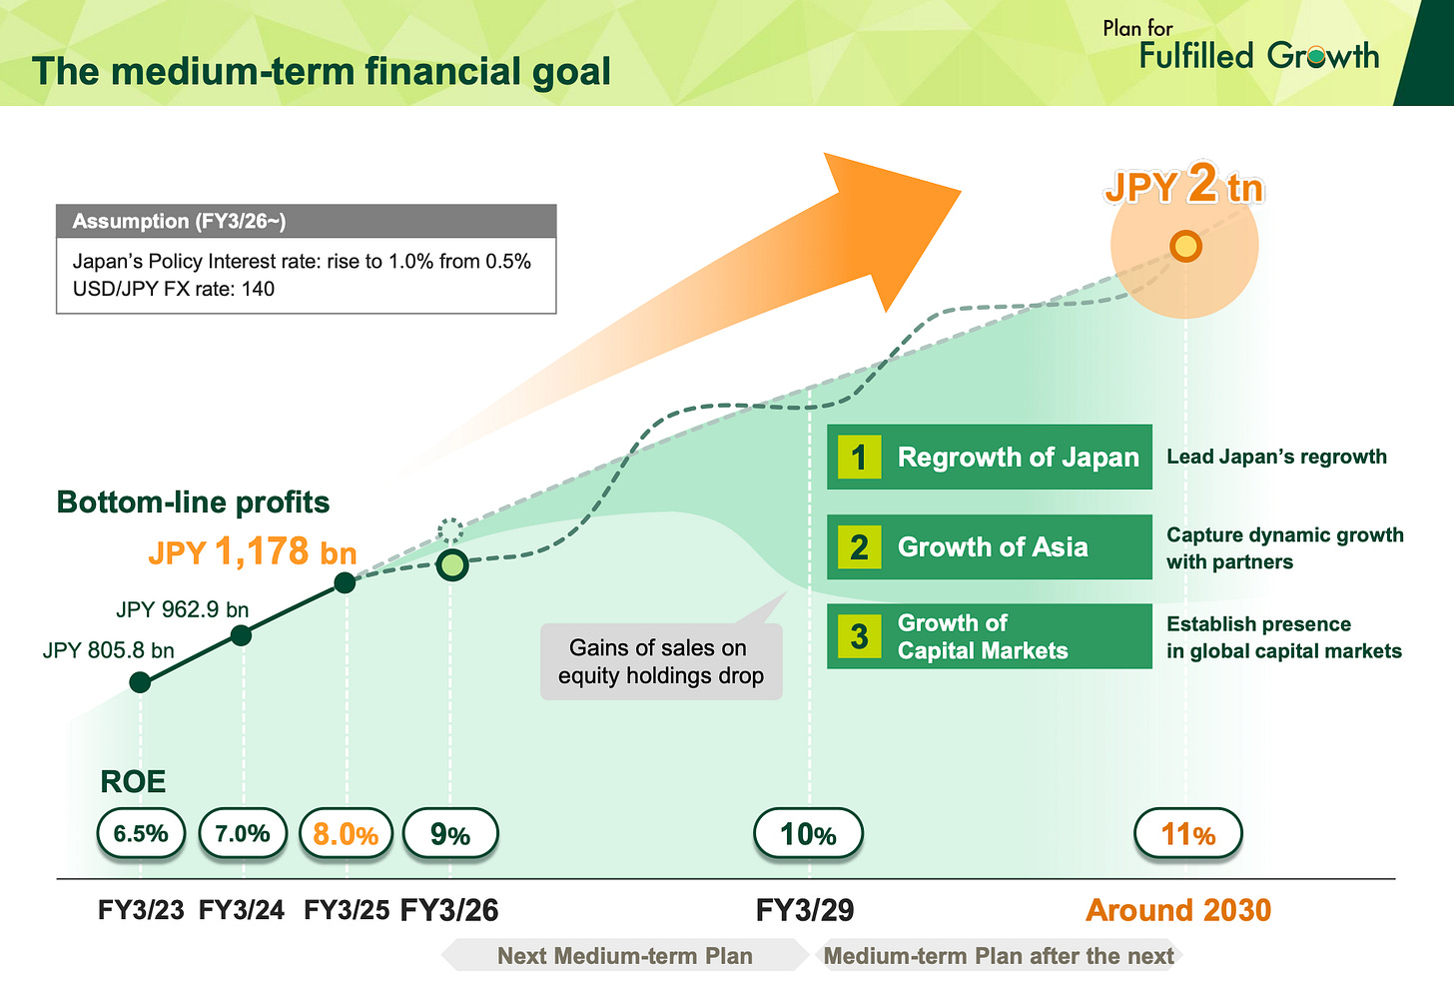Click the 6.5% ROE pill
[141, 834]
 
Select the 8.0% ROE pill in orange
[346, 834]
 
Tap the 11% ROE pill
[1187, 834]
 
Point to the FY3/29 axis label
[805, 910]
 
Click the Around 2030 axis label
[1178, 910]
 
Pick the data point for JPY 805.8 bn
[140, 682]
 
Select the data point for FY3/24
[241, 635]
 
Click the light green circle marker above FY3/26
[452, 565]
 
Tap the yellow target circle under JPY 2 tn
[1185, 246]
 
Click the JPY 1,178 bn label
[253, 551]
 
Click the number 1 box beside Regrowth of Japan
[859, 458]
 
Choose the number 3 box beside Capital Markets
[859, 636]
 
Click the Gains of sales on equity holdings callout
[660, 661]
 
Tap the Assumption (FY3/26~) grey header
[306, 221]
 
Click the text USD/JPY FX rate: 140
[174, 289]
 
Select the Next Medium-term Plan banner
[625, 956]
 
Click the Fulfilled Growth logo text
[1258, 55]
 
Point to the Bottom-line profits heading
[193, 501]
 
